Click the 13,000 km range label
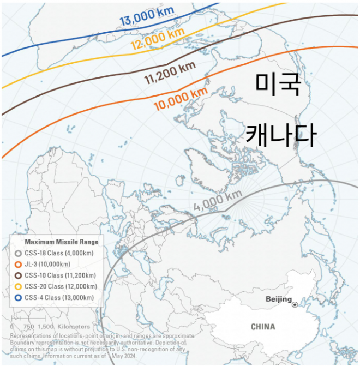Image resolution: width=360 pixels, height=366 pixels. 146,17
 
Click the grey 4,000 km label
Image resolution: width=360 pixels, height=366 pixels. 218,201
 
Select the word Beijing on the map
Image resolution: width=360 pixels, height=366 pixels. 278,299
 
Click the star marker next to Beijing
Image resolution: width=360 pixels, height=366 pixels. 296,304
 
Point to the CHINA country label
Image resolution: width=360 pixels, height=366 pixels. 263,327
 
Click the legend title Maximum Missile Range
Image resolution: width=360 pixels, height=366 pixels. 62,241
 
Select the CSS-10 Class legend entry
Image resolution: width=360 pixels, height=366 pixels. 61,275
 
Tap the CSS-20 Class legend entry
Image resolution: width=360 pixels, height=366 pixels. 61,286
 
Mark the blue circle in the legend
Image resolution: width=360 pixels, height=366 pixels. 18,297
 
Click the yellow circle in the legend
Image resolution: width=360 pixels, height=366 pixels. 18,286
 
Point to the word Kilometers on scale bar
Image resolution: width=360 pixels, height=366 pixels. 75,326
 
